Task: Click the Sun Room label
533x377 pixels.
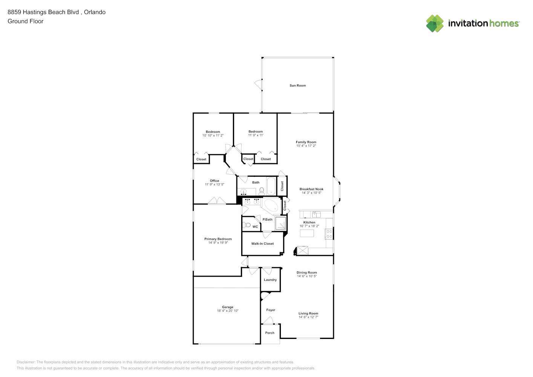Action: click(298, 86)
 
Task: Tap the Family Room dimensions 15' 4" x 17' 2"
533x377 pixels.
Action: click(306, 146)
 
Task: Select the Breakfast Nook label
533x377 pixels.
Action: click(311, 189)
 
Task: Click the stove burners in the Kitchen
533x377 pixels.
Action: click(329, 234)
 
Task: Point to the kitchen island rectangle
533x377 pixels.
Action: click(307, 233)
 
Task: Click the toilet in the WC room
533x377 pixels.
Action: click(247, 225)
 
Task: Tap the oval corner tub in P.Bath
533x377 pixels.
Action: click(271, 206)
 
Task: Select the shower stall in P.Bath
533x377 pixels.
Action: click(280, 224)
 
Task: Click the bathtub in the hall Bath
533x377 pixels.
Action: click(271, 186)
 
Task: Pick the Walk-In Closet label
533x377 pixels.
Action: click(262, 244)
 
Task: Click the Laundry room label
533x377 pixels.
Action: click(270, 280)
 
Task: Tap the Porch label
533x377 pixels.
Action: click(270, 333)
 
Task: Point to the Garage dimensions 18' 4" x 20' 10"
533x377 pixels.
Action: click(228, 311)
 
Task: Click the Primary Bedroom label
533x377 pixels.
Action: click(218, 239)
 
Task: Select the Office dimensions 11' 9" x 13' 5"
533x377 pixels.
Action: click(214, 184)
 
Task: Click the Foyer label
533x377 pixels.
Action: click(271, 310)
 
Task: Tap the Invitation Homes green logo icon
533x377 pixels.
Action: click(435, 23)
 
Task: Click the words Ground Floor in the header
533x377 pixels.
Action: click(26, 21)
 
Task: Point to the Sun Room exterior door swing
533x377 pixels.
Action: click(259, 85)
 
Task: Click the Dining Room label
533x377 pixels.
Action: click(307, 273)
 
